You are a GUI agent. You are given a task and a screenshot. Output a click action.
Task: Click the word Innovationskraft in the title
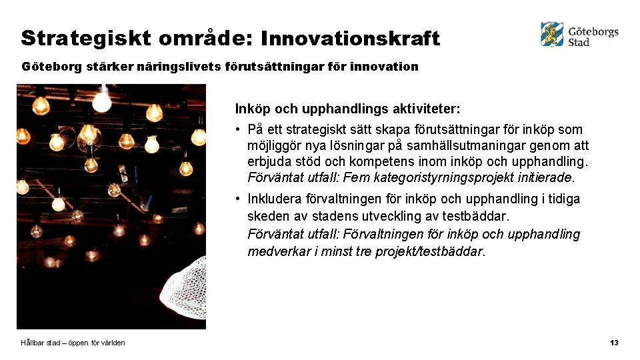[x=350, y=39]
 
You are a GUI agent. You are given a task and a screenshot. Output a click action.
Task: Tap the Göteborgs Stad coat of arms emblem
[x=552, y=33]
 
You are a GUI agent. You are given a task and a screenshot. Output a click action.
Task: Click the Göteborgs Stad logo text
[x=593, y=36]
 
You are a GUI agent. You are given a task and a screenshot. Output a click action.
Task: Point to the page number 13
[x=614, y=343]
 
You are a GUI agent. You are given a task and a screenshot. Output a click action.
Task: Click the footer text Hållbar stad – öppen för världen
[x=73, y=343]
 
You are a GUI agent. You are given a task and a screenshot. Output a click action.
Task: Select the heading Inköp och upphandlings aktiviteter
[x=347, y=108]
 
